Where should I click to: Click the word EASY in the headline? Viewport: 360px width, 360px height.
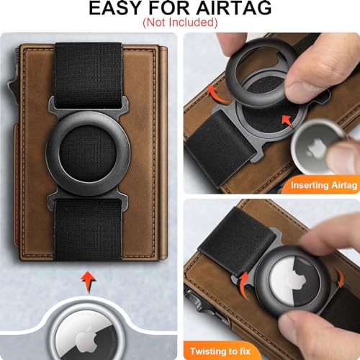click(x=116, y=8)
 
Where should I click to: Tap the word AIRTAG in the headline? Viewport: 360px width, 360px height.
click(x=234, y=8)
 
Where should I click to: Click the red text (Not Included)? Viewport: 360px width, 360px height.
click(x=180, y=22)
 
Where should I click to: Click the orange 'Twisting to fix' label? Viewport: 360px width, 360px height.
click(x=220, y=351)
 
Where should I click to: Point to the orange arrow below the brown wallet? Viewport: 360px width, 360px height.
click(x=89, y=282)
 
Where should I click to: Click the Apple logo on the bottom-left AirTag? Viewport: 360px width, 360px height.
click(x=86, y=340)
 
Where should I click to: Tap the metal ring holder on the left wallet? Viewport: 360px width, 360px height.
click(x=88, y=153)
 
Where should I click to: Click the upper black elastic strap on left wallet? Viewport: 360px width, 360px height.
click(x=89, y=76)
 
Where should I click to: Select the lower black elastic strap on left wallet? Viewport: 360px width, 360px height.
click(x=88, y=230)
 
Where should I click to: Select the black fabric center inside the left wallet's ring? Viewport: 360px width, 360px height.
click(x=88, y=153)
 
